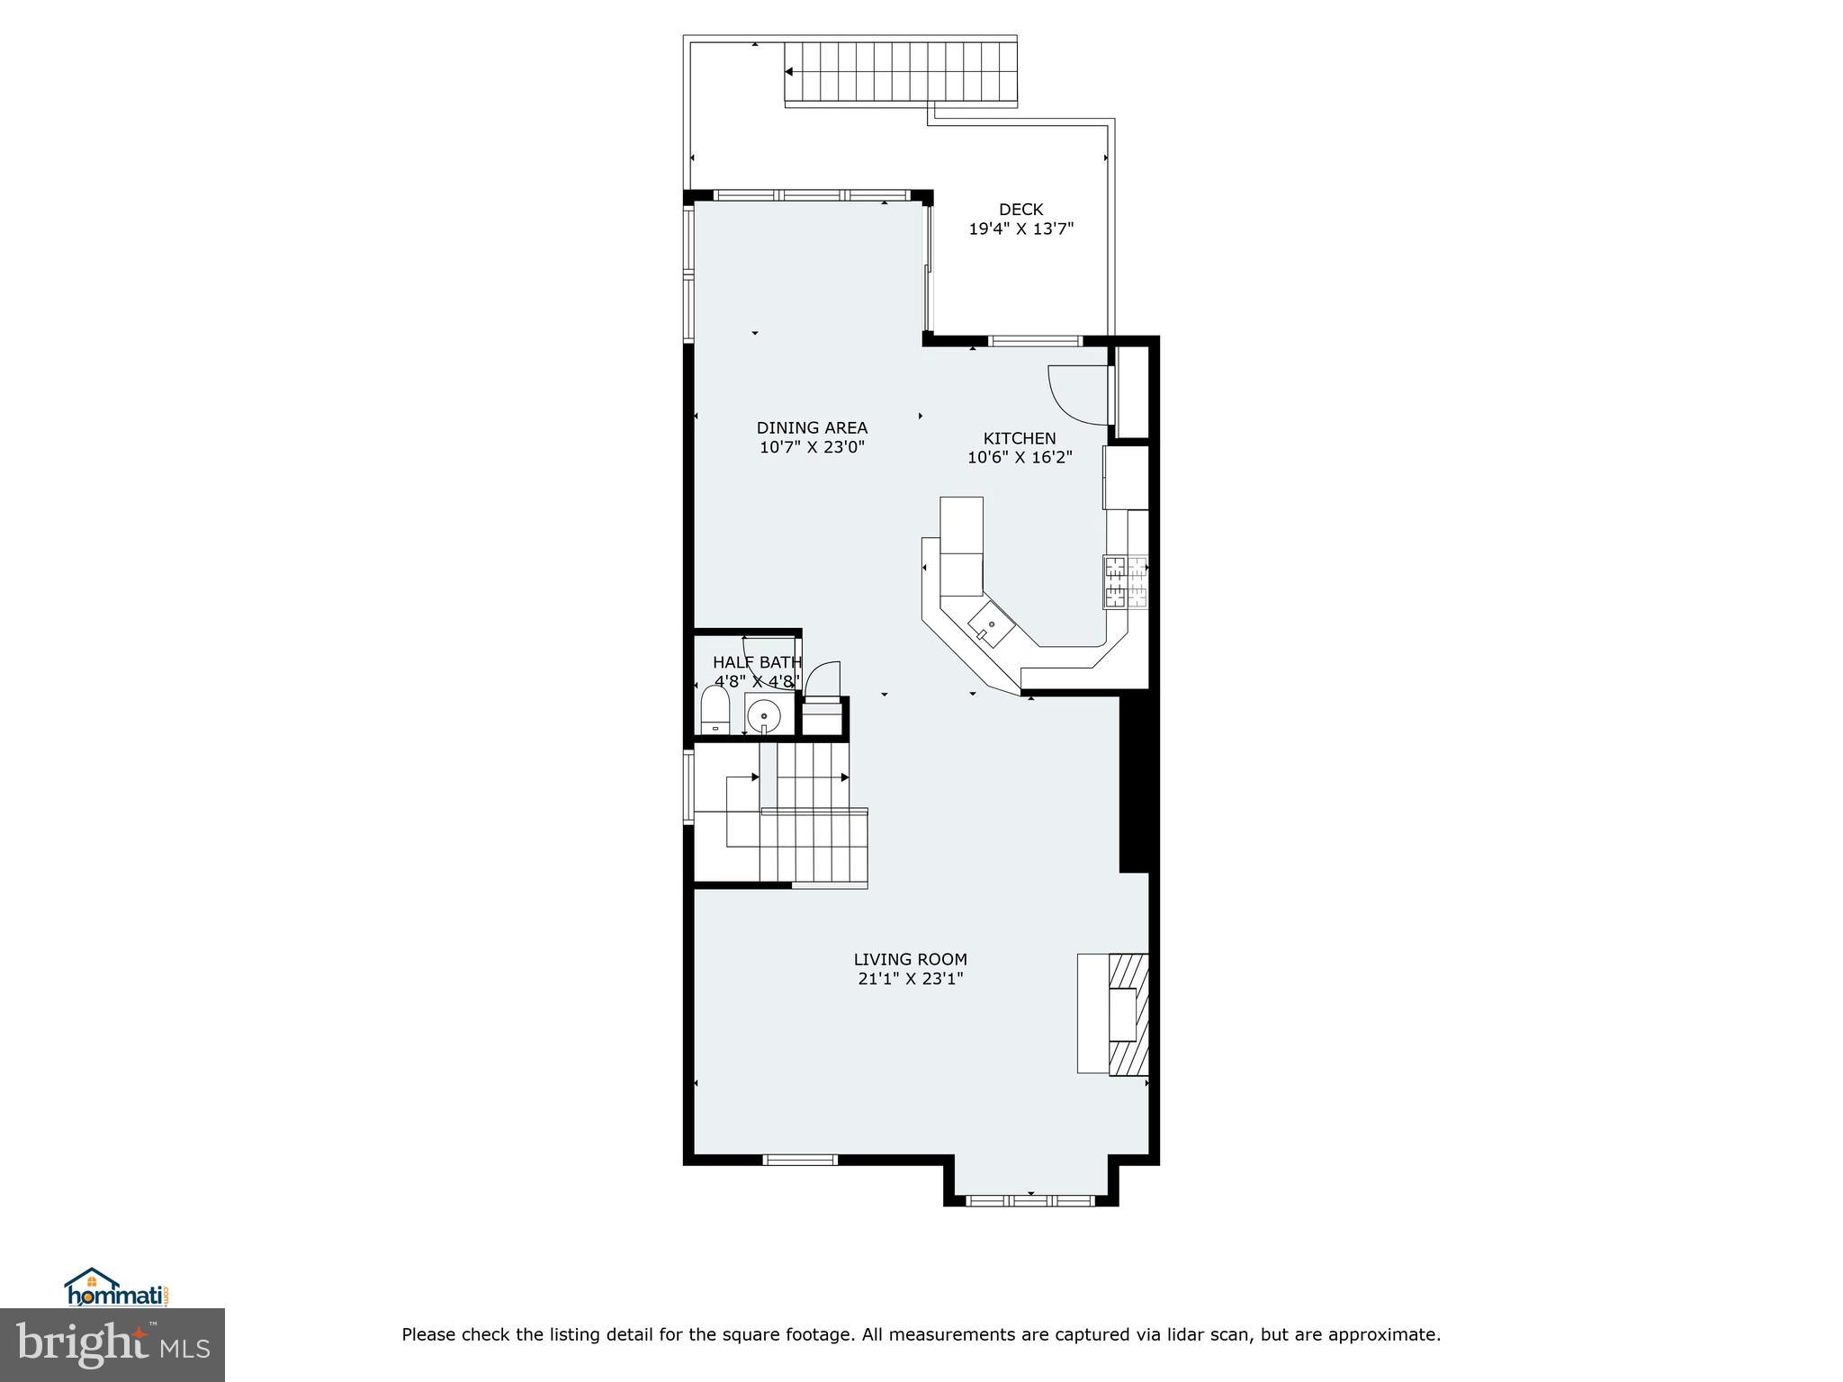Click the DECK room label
click(1020, 210)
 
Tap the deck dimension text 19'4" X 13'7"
click(1020, 229)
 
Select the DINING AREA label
click(812, 428)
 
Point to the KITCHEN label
click(1019, 438)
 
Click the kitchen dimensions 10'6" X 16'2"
click(1019, 458)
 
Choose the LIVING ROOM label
click(910, 959)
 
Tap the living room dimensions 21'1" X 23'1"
click(910, 979)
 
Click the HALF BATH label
click(756, 663)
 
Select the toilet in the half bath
click(715, 711)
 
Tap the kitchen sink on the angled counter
click(991, 624)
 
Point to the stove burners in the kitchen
click(1125, 582)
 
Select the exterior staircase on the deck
click(900, 73)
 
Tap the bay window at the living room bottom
click(1030, 1199)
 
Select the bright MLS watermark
click(112, 1345)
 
